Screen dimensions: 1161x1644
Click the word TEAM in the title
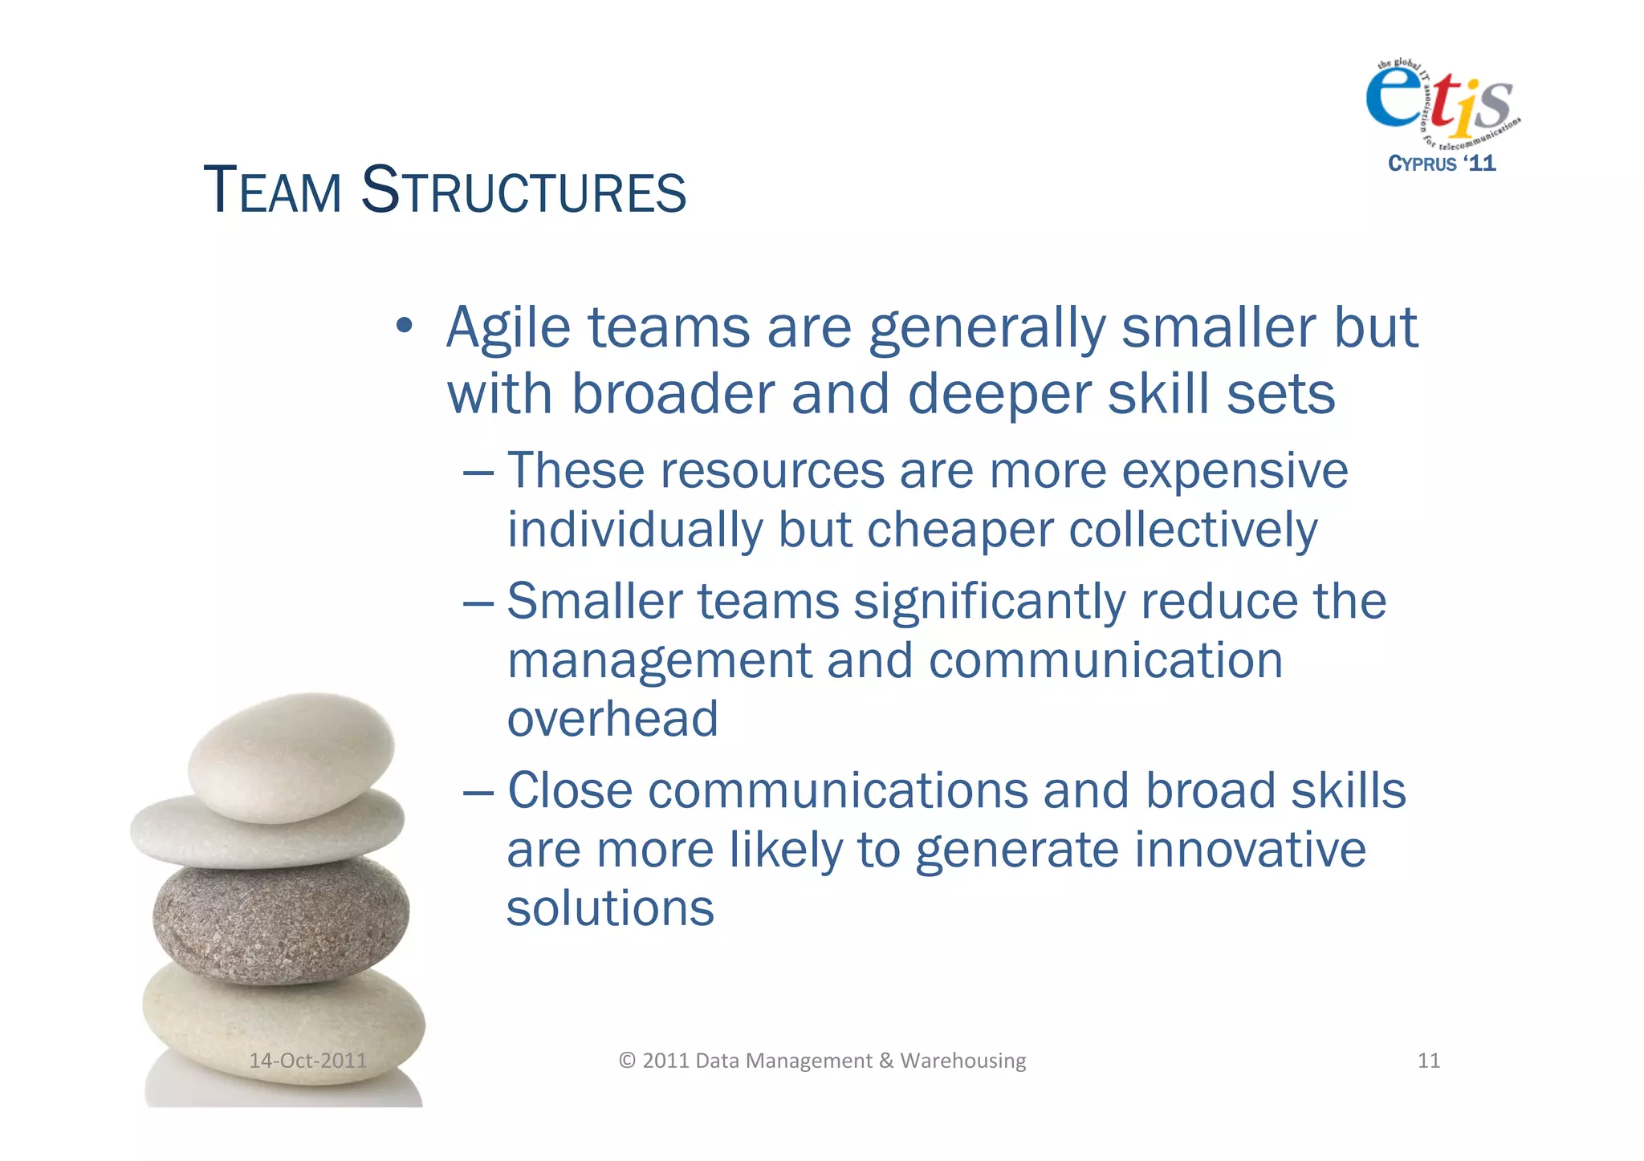(273, 191)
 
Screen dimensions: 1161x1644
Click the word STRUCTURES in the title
(523, 191)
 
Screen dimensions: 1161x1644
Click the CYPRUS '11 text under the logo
(1442, 164)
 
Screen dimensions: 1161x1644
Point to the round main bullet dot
(405, 327)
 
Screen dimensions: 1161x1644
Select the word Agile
(507, 329)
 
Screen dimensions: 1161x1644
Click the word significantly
(990, 603)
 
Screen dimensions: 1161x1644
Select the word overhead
(612, 719)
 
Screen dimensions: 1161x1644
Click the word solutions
(610, 909)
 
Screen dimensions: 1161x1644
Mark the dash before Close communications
(478, 793)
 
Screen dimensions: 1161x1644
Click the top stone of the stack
(292, 757)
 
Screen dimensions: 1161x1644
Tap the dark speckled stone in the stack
(281, 919)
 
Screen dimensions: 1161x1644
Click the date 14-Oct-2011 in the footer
(307, 1061)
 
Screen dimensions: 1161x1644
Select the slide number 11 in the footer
(1428, 1061)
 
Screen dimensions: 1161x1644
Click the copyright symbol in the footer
(627, 1061)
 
